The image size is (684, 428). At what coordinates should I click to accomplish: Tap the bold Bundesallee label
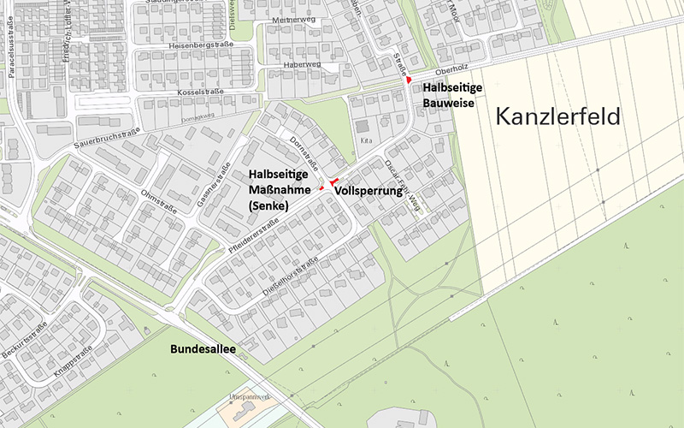coord(203,350)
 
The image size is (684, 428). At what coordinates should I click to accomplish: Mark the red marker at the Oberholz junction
coord(410,80)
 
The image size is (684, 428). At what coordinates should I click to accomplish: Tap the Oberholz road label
coord(452,72)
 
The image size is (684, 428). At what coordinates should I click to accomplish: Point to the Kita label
coord(367,139)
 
